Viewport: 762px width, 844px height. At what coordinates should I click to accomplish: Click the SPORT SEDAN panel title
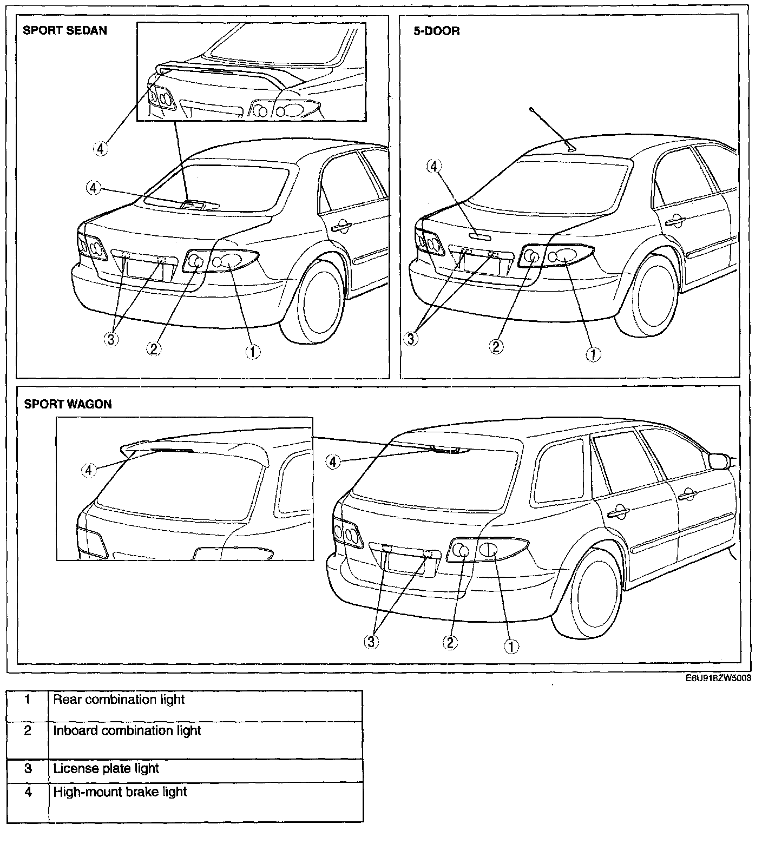pos(64,30)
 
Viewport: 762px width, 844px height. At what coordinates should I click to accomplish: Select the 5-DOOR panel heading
pos(436,31)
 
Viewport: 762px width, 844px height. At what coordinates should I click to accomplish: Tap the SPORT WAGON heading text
pos(68,404)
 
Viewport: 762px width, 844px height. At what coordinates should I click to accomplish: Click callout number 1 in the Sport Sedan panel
pos(252,352)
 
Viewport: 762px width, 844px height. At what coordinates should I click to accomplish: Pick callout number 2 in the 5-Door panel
pos(496,346)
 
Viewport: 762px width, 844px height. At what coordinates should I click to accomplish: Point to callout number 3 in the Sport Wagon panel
pos(372,642)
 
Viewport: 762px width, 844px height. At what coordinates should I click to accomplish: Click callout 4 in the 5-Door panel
pos(433,167)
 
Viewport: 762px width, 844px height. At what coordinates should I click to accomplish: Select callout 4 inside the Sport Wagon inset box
pos(89,470)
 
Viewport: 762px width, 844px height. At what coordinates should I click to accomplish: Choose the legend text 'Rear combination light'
pos(119,700)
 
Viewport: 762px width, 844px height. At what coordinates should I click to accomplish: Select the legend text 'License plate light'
pos(106,768)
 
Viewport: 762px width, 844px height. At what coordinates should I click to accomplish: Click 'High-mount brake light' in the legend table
pos(120,792)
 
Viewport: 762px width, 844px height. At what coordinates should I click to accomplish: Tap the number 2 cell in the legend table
pos(28,731)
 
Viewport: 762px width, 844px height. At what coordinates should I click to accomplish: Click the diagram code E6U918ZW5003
pos(718,679)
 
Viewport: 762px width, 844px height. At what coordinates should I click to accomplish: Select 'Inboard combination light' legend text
pos(127,731)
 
